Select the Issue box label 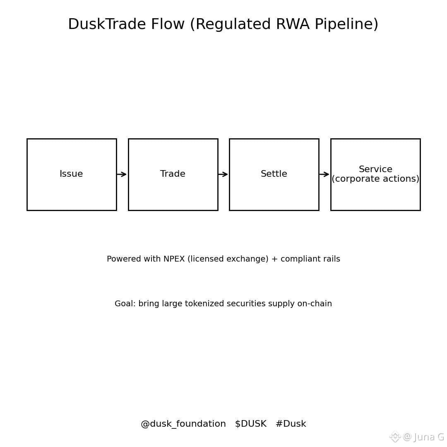pos(71,174)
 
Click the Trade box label pos(173,174)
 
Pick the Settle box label pos(274,174)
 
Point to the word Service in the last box pos(375,170)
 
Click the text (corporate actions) pos(375,179)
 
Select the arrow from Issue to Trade pos(122,174)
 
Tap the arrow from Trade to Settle pos(223,174)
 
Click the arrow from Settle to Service pos(324,174)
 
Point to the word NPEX pos(174,260)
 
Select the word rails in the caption pos(331,260)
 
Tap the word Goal pos(124,304)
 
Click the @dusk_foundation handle pos(183,424)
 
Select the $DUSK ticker pos(250,424)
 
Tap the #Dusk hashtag pos(291,424)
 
